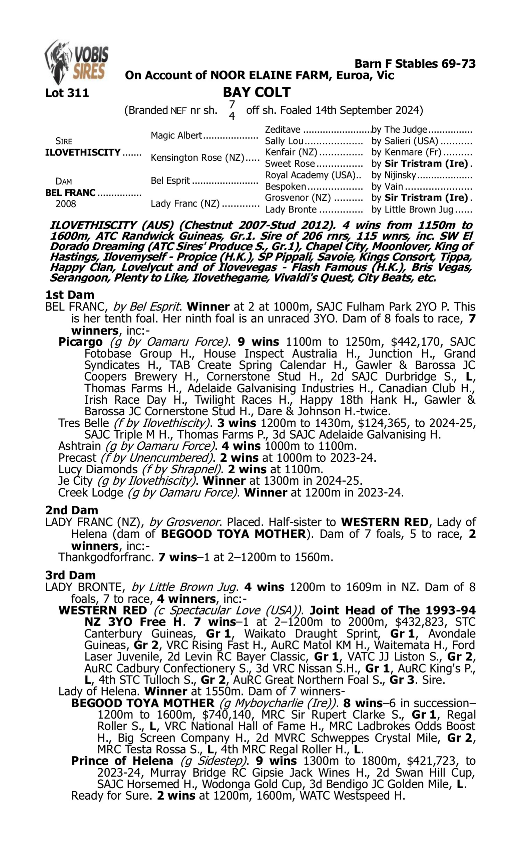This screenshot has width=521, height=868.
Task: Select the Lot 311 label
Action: point(67,93)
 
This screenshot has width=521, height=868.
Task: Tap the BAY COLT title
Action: point(257,92)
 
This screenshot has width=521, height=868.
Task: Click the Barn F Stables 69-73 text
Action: point(415,64)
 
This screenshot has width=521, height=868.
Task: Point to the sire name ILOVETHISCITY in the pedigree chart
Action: point(83,153)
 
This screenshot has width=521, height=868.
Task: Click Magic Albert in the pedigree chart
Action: point(176,135)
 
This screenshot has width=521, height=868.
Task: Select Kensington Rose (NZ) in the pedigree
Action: point(197,158)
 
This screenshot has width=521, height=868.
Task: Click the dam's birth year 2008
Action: point(66,204)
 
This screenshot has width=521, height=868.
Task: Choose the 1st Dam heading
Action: point(70,295)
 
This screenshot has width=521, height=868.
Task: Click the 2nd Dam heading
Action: point(72,510)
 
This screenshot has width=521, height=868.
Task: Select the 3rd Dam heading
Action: point(70,575)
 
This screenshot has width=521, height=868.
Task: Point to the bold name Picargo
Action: point(80,342)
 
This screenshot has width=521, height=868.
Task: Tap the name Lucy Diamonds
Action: point(98,469)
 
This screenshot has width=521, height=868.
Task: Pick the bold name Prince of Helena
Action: point(122,761)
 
